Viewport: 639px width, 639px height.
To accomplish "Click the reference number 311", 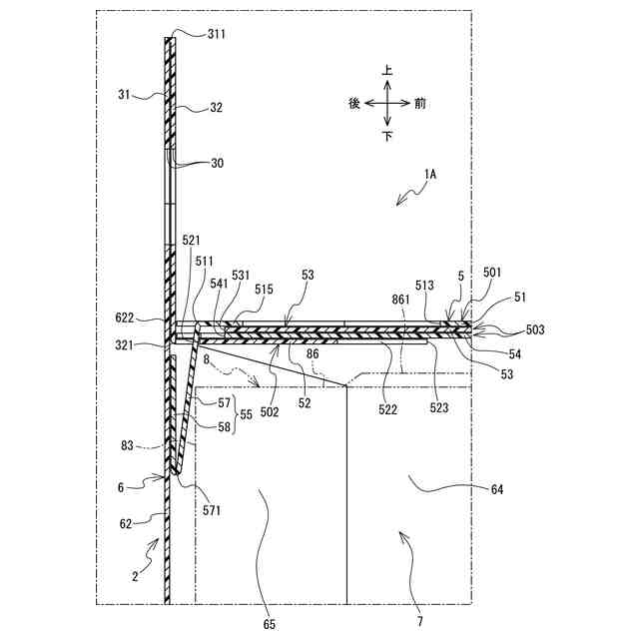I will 217,34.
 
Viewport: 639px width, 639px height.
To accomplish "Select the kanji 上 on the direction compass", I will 387,71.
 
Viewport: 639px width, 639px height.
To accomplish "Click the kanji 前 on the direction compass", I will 419,103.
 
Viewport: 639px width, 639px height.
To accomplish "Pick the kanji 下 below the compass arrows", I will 387,136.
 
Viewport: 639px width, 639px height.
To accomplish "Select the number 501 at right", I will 492,272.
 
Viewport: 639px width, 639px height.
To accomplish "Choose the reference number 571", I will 210,510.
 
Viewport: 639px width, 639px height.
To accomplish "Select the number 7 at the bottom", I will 419,621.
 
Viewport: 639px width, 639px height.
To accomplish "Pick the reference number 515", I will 264,290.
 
